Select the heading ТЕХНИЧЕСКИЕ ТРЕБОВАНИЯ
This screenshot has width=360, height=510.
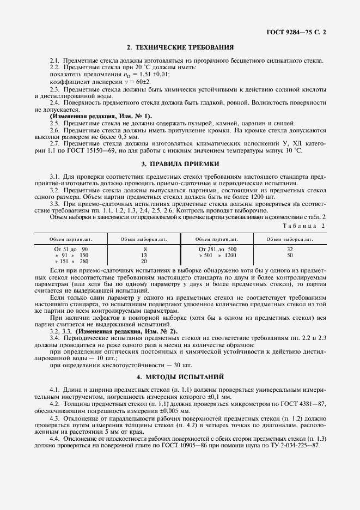click(180, 48)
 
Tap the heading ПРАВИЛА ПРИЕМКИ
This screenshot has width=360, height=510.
click(180, 163)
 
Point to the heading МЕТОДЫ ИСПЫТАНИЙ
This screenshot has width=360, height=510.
click(180, 377)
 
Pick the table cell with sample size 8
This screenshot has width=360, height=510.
click(144, 248)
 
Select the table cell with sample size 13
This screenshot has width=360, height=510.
click(144, 255)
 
